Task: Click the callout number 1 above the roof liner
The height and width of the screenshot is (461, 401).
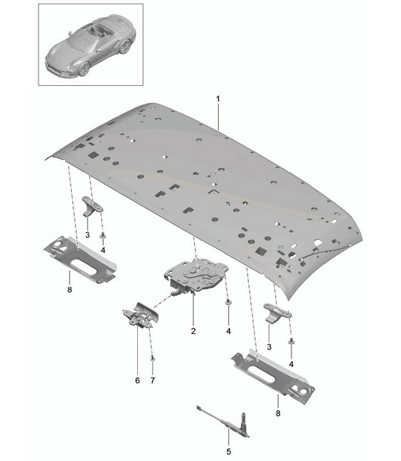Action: pyautogui.click(x=218, y=99)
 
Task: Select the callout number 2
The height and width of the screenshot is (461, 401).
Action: pyautogui.click(x=193, y=331)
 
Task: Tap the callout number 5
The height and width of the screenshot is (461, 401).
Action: pyautogui.click(x=229, y=451)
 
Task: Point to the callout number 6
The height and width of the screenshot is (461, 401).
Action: pyautogui.click(x=137, y=380)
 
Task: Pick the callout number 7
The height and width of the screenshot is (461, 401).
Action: pyautogui.click(x=153, y=380)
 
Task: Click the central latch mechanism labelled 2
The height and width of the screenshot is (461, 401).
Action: pyautogui.click(x=196, y=275)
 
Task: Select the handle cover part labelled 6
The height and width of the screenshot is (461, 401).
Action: pyautogui.click(x=141, y=316)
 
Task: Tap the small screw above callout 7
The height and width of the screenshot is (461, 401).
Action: pyautogui.click(x=153, y=358)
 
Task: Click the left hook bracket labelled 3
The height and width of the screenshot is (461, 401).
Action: pyautogui.click(x=92, y=206)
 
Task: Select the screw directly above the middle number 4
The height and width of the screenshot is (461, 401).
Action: pyautogui.click(x=228, y=302)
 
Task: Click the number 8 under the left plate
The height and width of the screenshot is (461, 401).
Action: pyautogui.click(x=70, y=289)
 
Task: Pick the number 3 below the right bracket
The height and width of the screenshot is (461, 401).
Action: pyautogui.click(x=269, y=347)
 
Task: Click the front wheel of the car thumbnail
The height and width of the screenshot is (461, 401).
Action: pyautogui.click(x=84, y=69)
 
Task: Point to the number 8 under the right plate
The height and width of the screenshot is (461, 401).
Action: pyautogui.click(x=278, y=414)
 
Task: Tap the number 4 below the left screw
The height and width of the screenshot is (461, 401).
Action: pyautogui.click(x=103, y=251)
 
